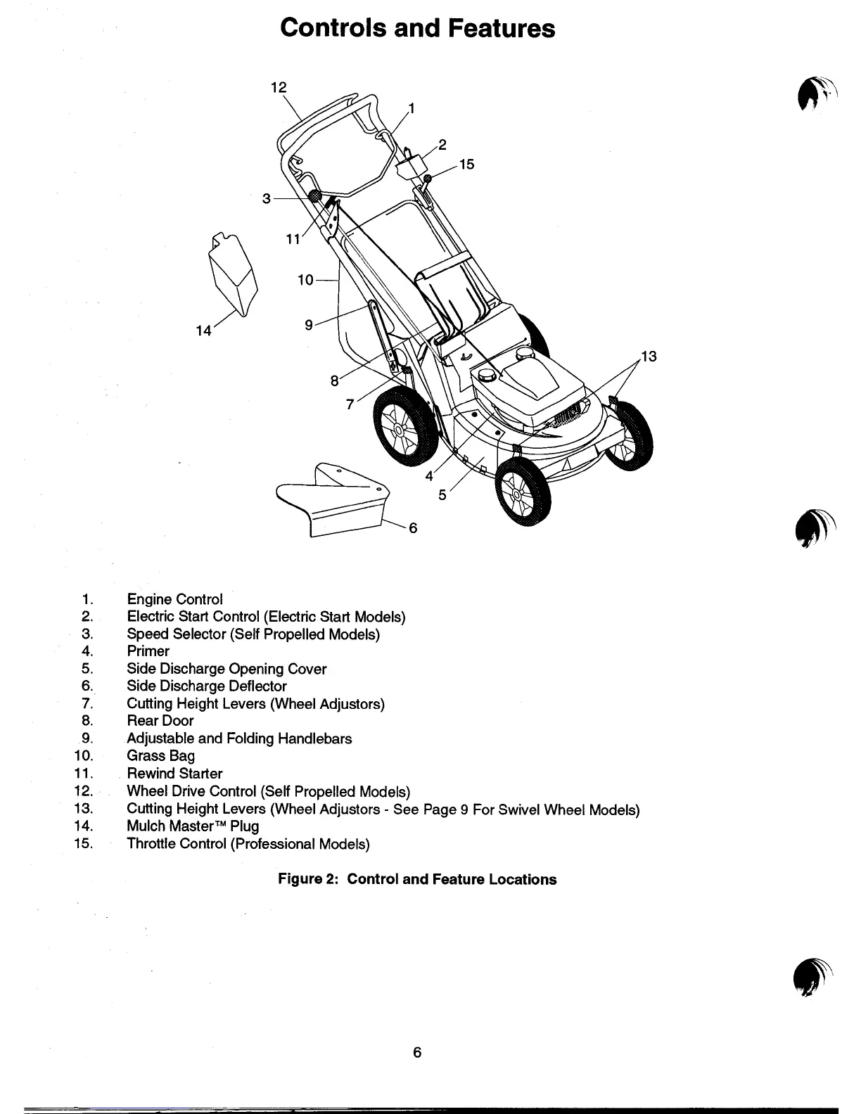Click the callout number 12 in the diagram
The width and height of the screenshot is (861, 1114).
pyautogui.click(x=279, y=87)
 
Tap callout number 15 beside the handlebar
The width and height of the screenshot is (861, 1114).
pyautogui.click(x=466, y=165)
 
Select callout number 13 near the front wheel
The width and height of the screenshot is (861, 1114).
pyautogui.click(x=649, y=357)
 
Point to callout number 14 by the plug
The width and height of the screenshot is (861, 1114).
pyautogui.click(x=204, y=331)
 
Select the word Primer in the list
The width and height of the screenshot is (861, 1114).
pyautogui.click(x=148, y=651)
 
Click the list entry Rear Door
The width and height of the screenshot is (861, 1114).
pyautogui.click(x=160, y=721)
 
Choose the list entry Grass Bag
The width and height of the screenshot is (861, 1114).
pyautogui.click(x=160, y=756)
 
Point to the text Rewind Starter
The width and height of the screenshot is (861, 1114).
pyautogui.click(x=174, y=774)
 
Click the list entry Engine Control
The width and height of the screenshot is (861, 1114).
pyautogui.click(x=174, y=599)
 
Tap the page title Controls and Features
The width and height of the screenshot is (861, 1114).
pyautogui.click(x=417, y=28)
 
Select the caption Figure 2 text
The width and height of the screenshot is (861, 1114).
pyautogui.click(x=417, y=879)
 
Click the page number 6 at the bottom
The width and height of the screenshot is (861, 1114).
pyautogui.click(x=417, y=1052)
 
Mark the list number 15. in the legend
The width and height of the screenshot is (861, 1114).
pyautogui.click(x=83, y=843)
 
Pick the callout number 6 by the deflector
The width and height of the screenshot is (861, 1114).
pyautogui.click(x=413, y=527)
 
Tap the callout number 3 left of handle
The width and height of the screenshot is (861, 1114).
pyautogui.click(x=267, y=199)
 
